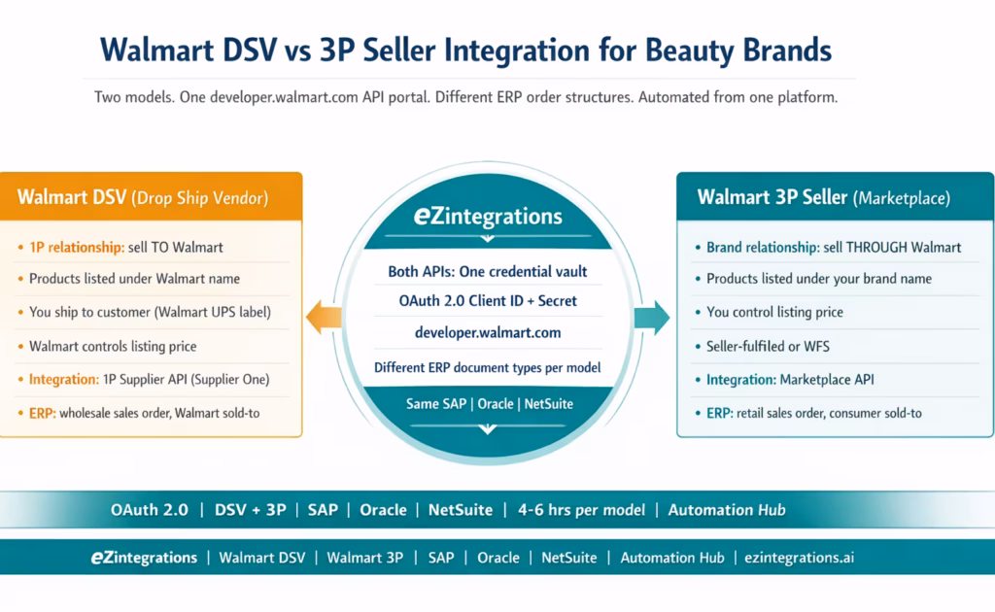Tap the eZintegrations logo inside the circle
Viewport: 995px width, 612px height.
pos(488,216)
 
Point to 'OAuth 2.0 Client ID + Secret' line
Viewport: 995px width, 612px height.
pos(488,301)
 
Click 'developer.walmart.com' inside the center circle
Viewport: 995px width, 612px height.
pos(488,332)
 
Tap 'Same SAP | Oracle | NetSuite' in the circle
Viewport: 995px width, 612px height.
pos(488,403)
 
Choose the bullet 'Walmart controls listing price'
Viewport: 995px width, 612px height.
pos(113,346)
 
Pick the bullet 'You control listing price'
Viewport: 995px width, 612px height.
pos(774,312)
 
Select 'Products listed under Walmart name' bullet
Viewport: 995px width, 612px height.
pos(134,279)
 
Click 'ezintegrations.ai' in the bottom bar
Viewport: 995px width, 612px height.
pos(799,558)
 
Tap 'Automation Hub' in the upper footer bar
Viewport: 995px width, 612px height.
pos(727,509)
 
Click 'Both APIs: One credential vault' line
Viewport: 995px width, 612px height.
pos(488,271)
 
